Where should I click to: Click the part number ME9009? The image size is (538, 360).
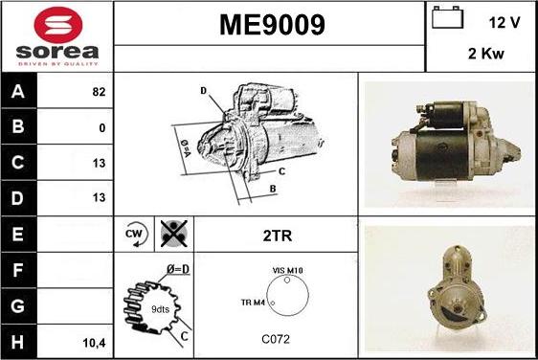(272, 25)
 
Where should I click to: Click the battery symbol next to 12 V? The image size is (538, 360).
(447, 17)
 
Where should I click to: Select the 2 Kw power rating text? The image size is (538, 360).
(486, 54)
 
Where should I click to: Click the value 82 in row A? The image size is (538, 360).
(99, 92)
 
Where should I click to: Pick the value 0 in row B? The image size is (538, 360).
(101, 128)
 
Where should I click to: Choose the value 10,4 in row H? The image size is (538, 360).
(94, 343)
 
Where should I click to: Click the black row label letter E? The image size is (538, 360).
(18, 234)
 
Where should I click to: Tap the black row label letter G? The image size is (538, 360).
(18, 305)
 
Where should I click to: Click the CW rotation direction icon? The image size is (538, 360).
(136, 234)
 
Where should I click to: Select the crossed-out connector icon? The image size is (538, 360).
(174, 234)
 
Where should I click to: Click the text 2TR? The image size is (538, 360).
(278, 236)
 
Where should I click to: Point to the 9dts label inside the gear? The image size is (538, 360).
(160, 309)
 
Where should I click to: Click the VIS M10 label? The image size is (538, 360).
(287, 270)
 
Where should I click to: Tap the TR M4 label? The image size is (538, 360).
(253, 303)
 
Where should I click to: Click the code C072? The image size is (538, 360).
(276, 339)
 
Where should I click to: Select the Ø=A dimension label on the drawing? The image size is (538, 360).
(186, 147)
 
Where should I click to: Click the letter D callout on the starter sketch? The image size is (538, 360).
(204, 91)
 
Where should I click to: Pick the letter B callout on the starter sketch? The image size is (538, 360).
(273, 189)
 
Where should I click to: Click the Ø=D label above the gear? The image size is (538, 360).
(178, 269)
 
